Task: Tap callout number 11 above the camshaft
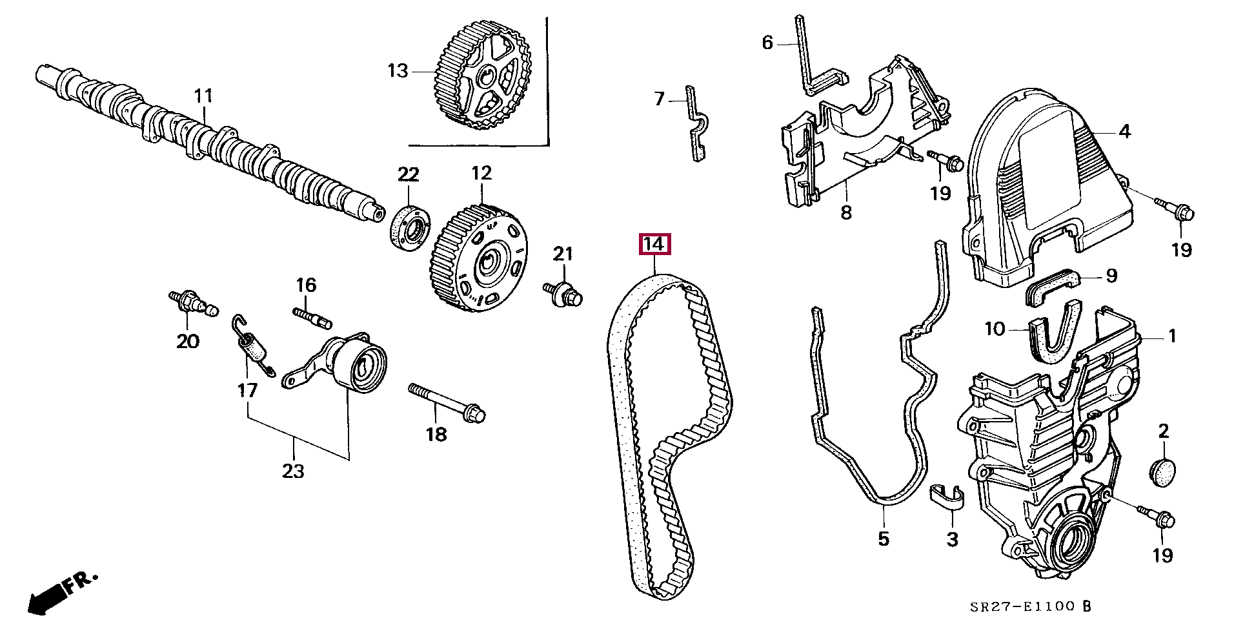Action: pos(203,97)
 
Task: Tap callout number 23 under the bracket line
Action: pos(292,471)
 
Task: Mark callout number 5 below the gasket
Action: pos(884,538)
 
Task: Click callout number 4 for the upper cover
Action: pos(1125,132)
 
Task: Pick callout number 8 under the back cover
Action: pos(846,212)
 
